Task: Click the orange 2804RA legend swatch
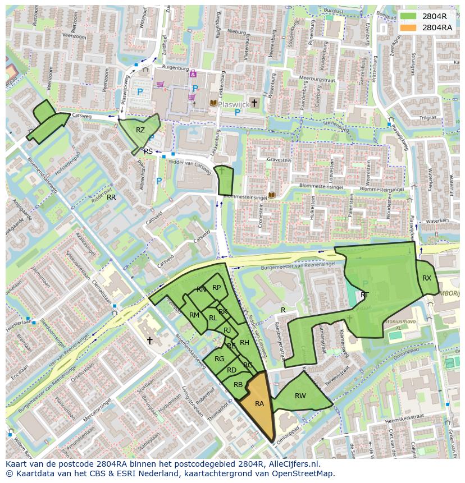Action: (x=410, y=27)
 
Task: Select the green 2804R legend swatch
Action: (x=410, y=16)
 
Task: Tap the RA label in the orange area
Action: (x=259, y=403)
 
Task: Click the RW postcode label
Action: (x=300, y=396)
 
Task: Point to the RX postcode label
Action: (x=427, y=278)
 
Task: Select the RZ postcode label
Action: (x=140, y=130)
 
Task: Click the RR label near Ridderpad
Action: (x=111, y=197)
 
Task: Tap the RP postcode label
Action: (x=216, y=288)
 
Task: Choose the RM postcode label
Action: (x=194, y=315)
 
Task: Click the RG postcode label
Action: (x=219, y=359)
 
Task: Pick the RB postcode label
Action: (x=238, y=385)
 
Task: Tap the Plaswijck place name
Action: (x=233, y=103)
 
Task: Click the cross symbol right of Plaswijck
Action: (x=254, y=103)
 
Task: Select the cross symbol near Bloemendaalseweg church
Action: (x=150, y=340)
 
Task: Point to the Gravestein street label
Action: (x=279, y=160)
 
